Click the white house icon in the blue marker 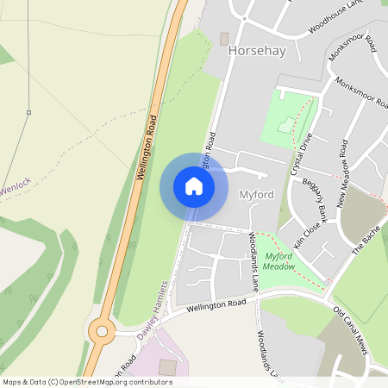coord(193,186)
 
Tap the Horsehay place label coord(256,51)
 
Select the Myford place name coord(256,194)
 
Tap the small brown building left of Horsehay coord(224,40)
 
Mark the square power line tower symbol coord(28,112)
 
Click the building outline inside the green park coord(285,125)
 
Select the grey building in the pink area coord(168,367)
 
